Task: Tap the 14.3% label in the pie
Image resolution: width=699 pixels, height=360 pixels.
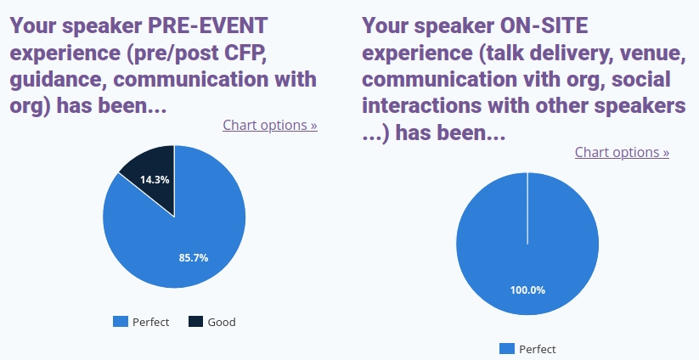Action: [x=155, y=179]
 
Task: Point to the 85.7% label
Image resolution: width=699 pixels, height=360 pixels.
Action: [x=194, y=257]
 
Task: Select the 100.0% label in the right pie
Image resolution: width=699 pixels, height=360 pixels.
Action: [x=527, y=290]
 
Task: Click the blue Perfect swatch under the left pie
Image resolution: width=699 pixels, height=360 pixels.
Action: [x=121, y=322]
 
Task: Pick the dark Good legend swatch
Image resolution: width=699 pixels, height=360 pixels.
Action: [x=195, y=322]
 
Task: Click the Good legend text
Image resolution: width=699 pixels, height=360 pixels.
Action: [x=222, y=322]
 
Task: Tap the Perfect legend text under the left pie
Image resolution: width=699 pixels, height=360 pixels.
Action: [x=150, y=322]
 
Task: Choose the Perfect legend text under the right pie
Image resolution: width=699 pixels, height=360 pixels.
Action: [x=538, y=349]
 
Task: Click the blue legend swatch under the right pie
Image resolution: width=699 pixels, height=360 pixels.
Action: [x=507, y=349]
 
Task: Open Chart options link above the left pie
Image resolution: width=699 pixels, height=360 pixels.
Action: [x=270, y=125]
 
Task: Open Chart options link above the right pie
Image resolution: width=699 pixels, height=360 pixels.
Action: [x=622, y=152]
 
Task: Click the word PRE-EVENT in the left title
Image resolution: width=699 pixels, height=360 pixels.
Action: [x=208, y=25]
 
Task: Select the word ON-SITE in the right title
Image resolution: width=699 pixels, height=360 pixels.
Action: [x=544, y=25]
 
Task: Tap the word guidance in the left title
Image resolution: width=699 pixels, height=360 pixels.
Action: [x=59, y=80]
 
